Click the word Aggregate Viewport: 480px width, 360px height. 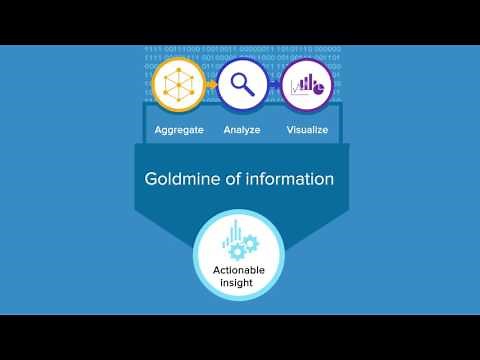pyautogui.click(x=180, y=130)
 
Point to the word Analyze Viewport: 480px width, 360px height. pyautogui.click(x=243, y=130)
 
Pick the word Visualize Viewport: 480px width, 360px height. pyautogui.click(x=306, y=130)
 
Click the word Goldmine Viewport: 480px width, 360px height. pyautogui.click(x=186, y=181)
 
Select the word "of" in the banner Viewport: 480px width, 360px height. pyautogui.click(x=237, y=180)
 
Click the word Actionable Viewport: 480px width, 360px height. pyautogui.click(x=239, y=271)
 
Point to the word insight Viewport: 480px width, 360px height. pyautogui.click(x=239, y=284)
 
